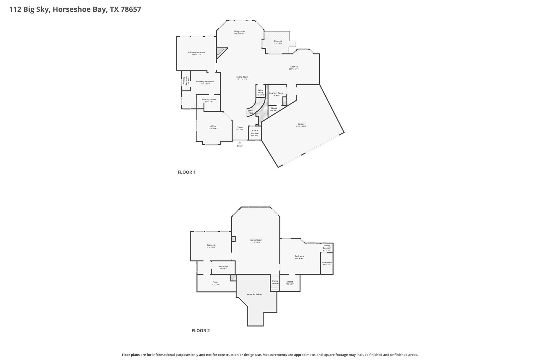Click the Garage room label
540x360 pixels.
click(301, 124)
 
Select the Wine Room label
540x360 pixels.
click(261, 92)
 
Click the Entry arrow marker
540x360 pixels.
click(240, 142)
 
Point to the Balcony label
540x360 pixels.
click(278, 41)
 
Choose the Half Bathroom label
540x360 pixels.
click(255, 132)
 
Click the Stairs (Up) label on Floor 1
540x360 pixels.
click(250, 112)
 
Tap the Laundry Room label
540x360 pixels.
click(276, 93)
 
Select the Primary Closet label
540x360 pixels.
click(209, 100)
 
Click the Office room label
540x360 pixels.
click(213, 126)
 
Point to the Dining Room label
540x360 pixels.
click(239, 32)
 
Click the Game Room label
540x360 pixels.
click(256, 240)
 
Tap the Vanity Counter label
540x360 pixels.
click(326, 247)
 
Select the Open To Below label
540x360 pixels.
click(254, 294)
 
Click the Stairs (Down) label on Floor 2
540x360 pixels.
click(275, 282)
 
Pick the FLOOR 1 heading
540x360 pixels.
click(186, 172)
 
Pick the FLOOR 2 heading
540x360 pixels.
click(200, 331)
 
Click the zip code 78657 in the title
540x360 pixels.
click(131, 9)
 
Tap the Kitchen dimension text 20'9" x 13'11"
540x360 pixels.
click(294, 69)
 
